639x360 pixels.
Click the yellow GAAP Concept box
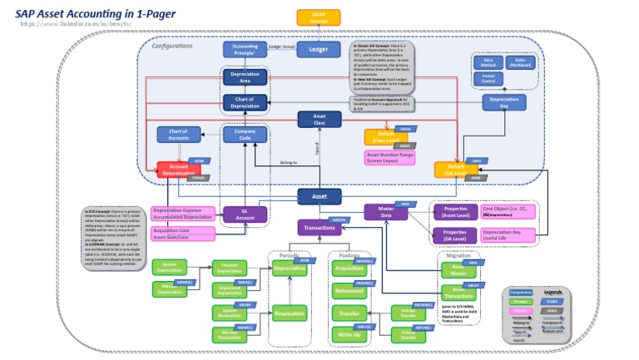(x=319, y=17)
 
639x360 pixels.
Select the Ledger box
(x=318, y=50)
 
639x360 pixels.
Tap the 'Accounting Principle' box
(x=245, y=50)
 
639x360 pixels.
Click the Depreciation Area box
(x=245, y=78)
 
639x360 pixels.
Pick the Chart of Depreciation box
(x=245, y=102)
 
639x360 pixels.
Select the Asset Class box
(x=319, y=120)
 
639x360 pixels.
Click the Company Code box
(x=245, y=135)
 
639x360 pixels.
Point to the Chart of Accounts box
(x=178, y=135)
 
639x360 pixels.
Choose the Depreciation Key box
(x=504, y=102)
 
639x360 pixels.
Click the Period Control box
(x=488, y=79)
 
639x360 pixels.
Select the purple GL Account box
(x=245, y=215)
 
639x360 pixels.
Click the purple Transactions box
(x=319, y=227)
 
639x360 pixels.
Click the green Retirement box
(x=349, y=291)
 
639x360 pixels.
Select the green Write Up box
(x=349, y=334)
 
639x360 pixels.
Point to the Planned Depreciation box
(x=229, y=268)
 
